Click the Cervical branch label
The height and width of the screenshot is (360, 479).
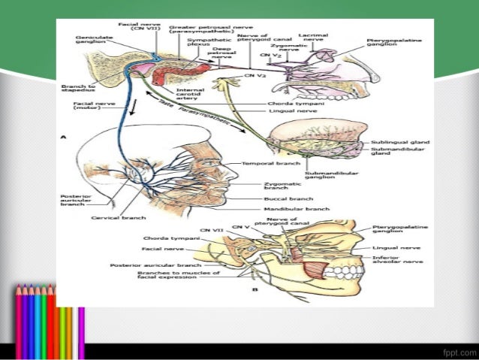(x=113, y=219)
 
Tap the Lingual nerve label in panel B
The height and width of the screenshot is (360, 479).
(x=394, y=245)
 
